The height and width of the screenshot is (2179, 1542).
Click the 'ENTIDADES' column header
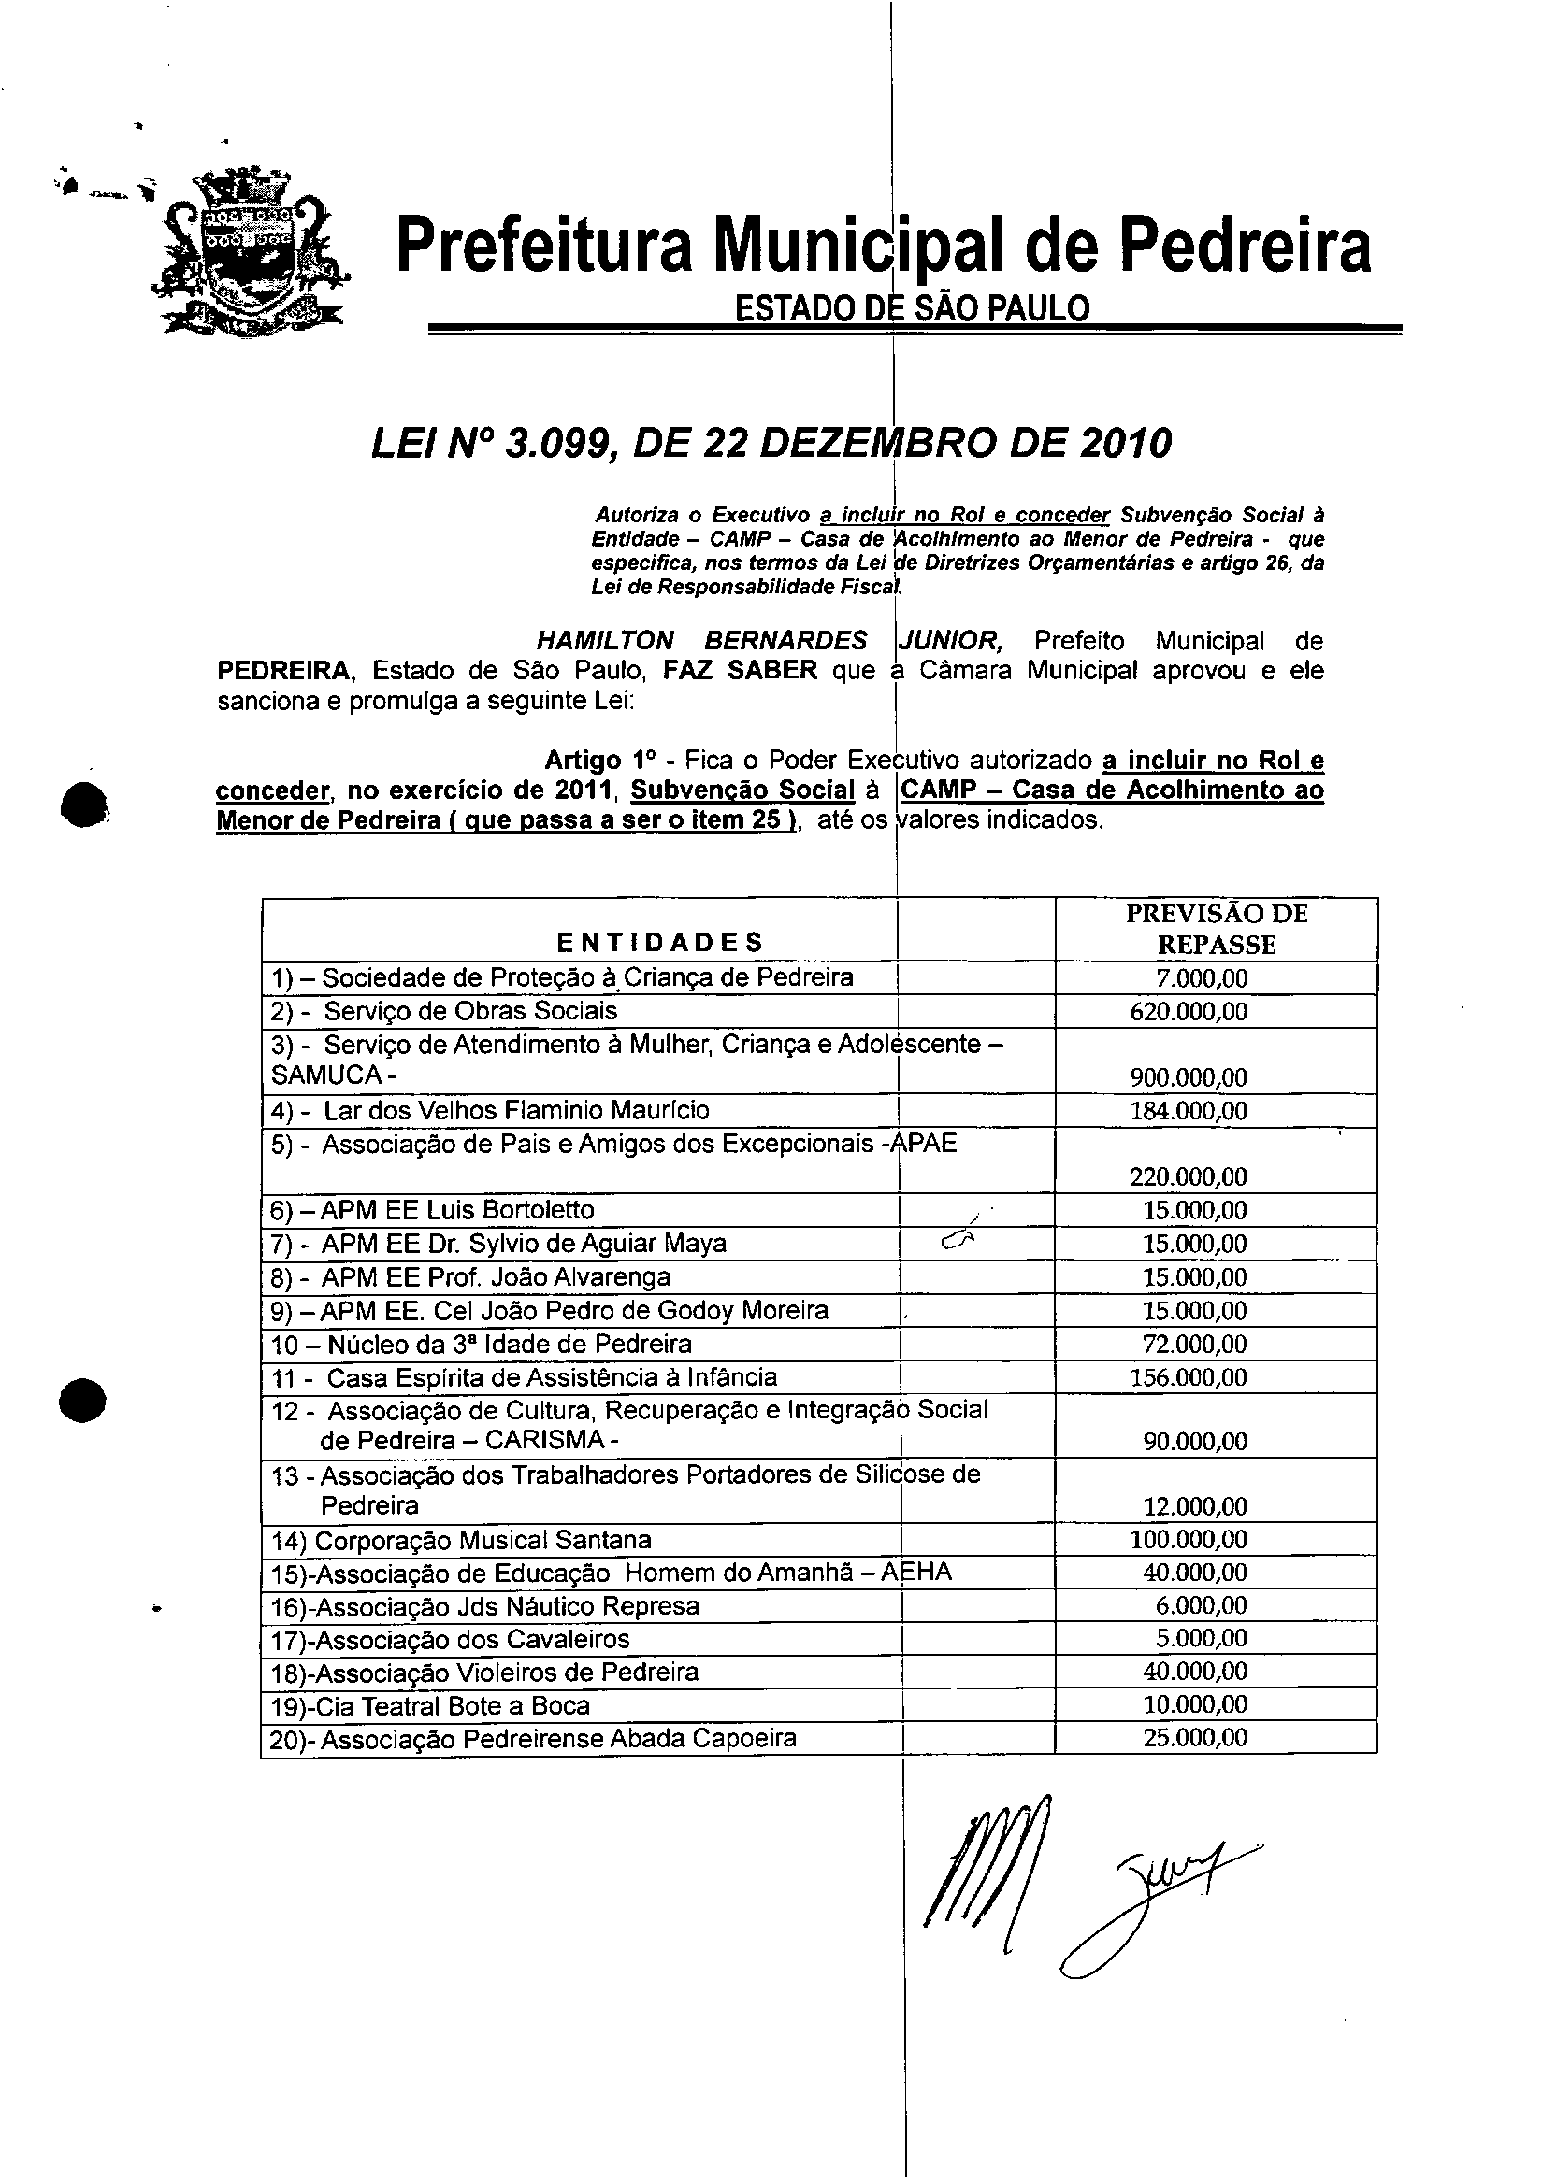point(659,943)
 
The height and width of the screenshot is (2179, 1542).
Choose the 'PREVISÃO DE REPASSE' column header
point(1217,929)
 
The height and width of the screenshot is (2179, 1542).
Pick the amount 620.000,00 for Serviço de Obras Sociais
point(1189,1012)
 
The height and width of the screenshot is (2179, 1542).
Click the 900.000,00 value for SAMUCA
point(1189,1077)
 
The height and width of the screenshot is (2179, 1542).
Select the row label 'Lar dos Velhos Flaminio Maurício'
point(516,1110)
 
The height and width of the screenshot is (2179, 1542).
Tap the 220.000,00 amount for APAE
point(1189,1176)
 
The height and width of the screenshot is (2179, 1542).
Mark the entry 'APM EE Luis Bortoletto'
point(456,1210)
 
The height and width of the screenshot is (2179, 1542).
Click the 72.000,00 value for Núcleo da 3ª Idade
point(1194,1344)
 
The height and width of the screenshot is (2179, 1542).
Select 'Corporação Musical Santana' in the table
point(483,1539)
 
